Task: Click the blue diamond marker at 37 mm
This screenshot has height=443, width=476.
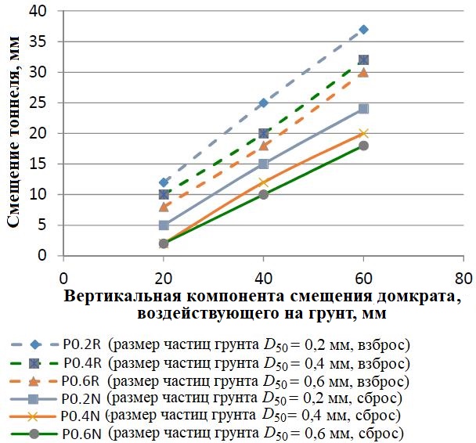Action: [363, 30]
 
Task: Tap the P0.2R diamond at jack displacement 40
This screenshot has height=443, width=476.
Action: [264, 103]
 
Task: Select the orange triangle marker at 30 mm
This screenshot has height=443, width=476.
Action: [363, 73]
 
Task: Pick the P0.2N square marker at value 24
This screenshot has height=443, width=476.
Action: [363, 109]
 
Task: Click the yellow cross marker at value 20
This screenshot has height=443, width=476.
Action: [363, 133]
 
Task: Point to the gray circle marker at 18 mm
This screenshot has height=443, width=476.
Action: [363, 146]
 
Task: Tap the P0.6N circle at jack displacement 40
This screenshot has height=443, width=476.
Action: [264, 194]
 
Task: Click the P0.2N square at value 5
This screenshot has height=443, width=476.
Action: [164, 225]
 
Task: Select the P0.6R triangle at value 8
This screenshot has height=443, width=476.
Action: [164, 207]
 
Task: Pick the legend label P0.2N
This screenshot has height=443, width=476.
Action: [82, 399]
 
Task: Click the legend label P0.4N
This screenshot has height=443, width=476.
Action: [82, 416]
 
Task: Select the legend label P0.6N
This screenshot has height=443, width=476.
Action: [82, 433]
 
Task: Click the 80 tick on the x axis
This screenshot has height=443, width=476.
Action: [463, 276]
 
